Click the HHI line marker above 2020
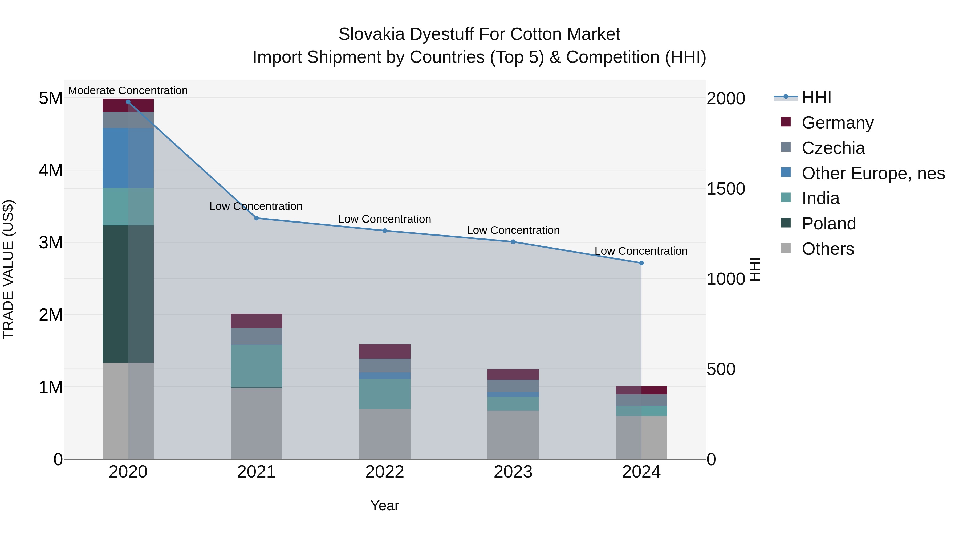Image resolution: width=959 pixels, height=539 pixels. tap(128, 102)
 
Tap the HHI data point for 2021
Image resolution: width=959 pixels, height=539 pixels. tap(256, 218)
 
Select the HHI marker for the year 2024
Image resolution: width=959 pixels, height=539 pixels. tap(641, 263)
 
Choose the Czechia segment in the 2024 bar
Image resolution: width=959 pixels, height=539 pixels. tap(641, 400)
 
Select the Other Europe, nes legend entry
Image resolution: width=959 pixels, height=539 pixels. tap(873, 173)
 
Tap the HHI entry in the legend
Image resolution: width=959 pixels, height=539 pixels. tap(816, 97)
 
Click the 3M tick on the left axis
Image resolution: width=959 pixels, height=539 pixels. tap(51, 242)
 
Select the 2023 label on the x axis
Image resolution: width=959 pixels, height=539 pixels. tap(513, 472)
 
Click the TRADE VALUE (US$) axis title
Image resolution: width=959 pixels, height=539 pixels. tap(8, 269)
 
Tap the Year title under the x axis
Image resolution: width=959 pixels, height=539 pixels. tap(385, 505)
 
